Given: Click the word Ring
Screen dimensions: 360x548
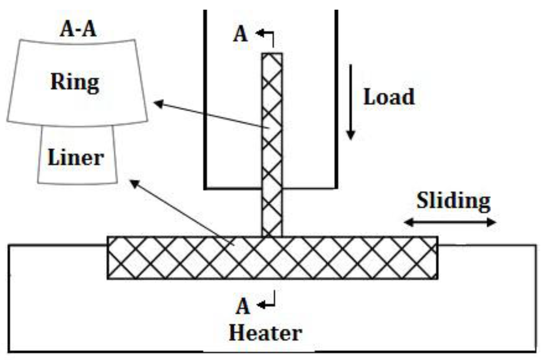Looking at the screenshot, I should coord(75,82).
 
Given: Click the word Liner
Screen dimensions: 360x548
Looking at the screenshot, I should coord(76,157).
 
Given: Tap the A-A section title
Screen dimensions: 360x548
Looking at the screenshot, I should coord(78,29).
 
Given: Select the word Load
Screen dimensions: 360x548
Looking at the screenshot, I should coord(389,97).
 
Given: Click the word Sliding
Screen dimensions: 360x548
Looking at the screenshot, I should coord(453,201).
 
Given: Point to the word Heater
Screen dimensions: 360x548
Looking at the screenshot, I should coord(265,333).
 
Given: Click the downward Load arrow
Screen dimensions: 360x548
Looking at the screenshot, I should coord(350,102).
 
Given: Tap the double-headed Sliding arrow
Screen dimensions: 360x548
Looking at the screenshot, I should coord(450,222).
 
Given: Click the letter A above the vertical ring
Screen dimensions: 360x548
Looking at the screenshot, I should coord(240,34).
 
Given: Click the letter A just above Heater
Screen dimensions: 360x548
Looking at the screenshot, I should coord(242,306).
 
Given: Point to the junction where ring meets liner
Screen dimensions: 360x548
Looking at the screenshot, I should coord(272,237).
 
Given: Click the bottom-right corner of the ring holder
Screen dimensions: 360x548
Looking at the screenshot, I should coord(336,188).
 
